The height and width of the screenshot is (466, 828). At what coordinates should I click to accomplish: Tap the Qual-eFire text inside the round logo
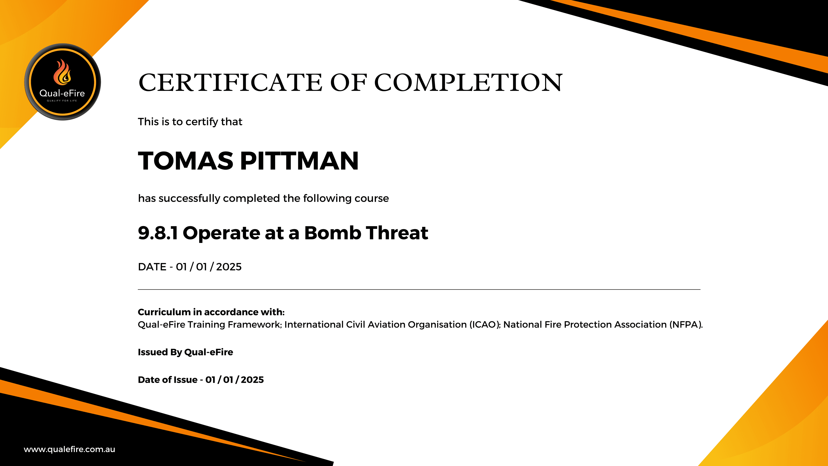[x=62, y=93]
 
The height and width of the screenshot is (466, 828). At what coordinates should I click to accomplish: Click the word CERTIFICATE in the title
[x=230, y=83]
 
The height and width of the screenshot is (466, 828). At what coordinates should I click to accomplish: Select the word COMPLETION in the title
[x=468, y=83]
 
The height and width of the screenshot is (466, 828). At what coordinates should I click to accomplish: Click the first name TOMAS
[x=185, y=161]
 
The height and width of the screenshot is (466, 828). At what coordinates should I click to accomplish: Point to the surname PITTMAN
[x=299, y=161]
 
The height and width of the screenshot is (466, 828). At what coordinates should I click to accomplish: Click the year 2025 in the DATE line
[x=229, y=267]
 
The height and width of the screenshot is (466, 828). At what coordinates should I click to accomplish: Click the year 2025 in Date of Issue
[x=252, y=380]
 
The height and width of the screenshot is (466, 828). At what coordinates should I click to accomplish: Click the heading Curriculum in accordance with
[x=211, y=312]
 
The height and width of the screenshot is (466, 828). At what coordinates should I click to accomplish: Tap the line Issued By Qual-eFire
[x=185, y=352]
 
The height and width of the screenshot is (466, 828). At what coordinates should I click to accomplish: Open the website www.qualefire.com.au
[x=69, y=449]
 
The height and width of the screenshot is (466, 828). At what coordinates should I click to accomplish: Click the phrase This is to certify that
[x=190, y=122]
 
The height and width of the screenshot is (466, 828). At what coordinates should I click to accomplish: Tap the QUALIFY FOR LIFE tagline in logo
[x=62, y=101]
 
